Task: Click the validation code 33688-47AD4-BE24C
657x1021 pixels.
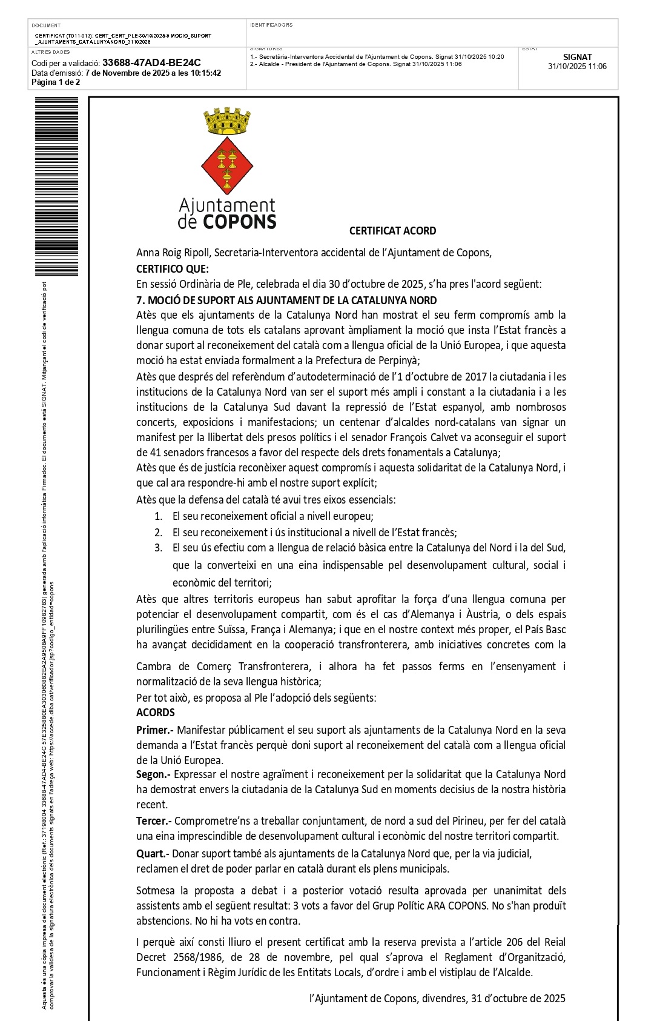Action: click(x=151, y=62)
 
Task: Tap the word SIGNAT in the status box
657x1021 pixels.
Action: click(x=576, y=57)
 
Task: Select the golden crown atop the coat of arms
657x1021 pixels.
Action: click(x=227, y=121)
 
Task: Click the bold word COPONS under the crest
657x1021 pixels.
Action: click(x=239, y=222)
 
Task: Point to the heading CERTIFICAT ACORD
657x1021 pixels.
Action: click(x=392, y=231)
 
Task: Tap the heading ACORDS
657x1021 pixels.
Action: click(x=155, y=713)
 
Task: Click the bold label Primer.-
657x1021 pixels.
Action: click(x=154, y=730)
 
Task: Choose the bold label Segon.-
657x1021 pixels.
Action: click(x=153, y=774)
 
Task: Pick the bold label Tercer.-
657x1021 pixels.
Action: click(x=154, y=821)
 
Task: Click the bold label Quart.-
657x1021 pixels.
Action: click(x=153, y=853)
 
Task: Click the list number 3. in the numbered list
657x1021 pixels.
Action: click(x=158, y=548)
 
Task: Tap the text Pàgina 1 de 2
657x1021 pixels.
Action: click(x=56, y=82)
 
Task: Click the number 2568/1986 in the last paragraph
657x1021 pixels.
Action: click(x=185, y=957)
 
